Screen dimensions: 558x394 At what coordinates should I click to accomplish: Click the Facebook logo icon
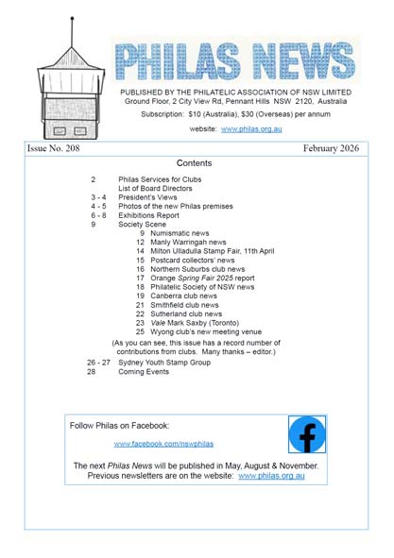pyautogui.click(x=307, y=435)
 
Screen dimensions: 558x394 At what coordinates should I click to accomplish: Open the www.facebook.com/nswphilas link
pyautogui.click(x=163, y=444)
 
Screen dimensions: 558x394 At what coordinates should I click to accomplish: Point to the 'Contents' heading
pyautogui.click(x=194, y=163)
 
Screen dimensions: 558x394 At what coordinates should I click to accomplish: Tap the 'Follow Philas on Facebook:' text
pyautogui.click(x=119, y=426)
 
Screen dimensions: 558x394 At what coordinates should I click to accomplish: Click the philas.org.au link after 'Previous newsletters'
pyautogui.click(x=270, y=476)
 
